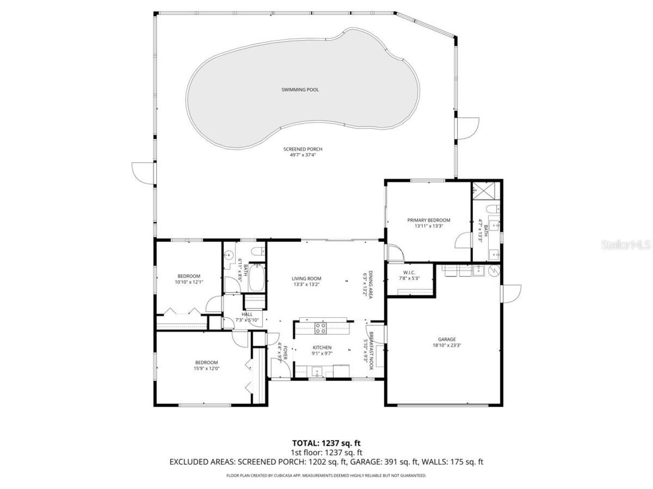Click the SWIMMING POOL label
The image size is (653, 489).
[300, 90]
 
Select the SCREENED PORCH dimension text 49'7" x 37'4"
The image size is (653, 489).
[303, 155]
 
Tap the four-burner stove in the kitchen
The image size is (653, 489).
[320, 329]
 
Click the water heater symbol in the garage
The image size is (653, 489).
[493, 270]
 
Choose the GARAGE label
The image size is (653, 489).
[446, 339]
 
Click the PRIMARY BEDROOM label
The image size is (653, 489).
[429, 221]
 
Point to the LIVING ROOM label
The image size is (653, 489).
[306, 279]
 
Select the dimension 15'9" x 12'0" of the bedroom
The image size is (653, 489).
[206, 368]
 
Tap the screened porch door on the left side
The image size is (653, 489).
[143, 172]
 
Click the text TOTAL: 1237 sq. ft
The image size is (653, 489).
[326, 443]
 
